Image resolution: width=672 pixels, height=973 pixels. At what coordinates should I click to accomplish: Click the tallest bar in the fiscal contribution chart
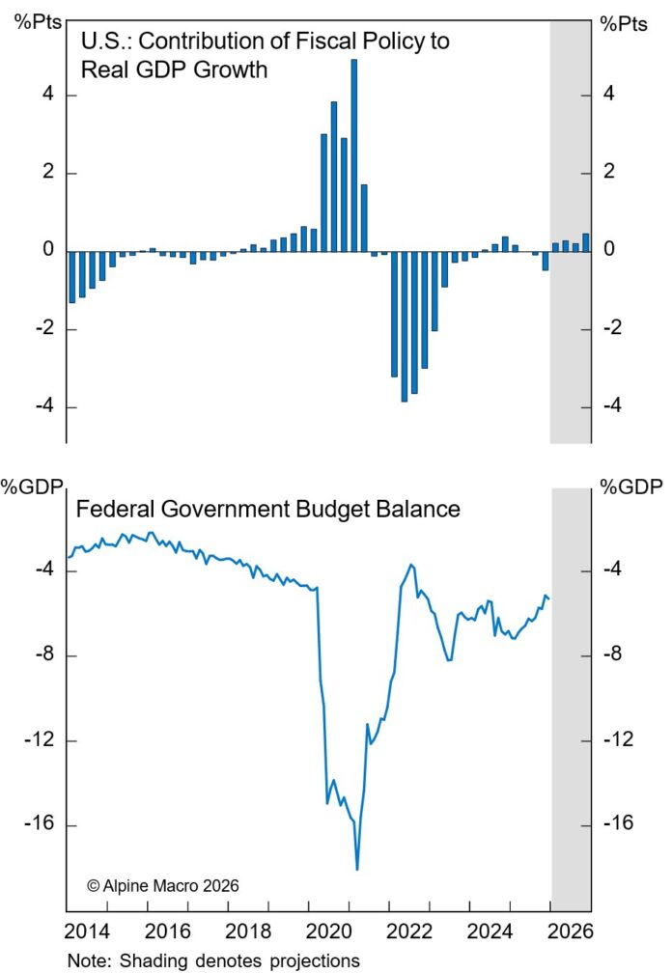pyautogui.click(x=353, y=154)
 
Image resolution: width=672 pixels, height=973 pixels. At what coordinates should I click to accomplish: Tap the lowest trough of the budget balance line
pyautogui.click(x=357, y=868)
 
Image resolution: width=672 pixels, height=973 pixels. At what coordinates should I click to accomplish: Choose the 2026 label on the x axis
pyautogui.click(x=570, y=934)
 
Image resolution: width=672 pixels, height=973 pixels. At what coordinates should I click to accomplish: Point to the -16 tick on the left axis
pyautogui.click(x=40, y=826)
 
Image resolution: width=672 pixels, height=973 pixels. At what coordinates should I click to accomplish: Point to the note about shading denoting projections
pyautogui.click(x=213, y=961)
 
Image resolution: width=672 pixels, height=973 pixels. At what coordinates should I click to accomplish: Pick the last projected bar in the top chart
pyautogui.click(x=585, y=241)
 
